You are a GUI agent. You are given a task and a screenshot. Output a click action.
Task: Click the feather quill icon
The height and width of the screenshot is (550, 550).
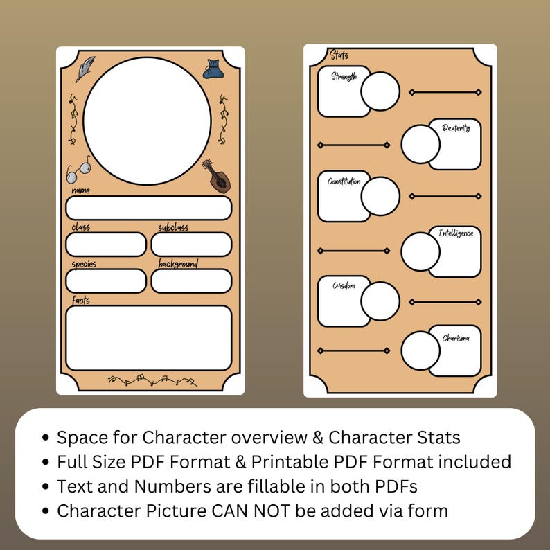coord(85,69)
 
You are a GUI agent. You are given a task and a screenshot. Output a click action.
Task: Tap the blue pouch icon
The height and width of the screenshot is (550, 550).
coord(212,68)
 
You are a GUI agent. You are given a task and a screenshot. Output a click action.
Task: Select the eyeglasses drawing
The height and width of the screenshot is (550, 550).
coord(79,169)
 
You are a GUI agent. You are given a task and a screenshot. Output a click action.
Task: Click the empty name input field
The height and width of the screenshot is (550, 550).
coord(148,208)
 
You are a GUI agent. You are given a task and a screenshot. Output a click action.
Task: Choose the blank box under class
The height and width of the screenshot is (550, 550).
coord(106,245)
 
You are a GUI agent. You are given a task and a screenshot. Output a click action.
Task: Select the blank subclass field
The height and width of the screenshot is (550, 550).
coord(191,245)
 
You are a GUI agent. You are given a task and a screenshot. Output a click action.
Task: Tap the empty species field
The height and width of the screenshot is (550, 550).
coord(106,281)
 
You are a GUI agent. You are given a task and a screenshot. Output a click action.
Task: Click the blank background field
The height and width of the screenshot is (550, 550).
coord(191,281)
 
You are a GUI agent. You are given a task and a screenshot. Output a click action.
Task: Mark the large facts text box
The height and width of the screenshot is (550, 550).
coord(148,337)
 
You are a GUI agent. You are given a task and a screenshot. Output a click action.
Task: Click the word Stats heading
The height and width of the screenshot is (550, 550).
coord(339,55)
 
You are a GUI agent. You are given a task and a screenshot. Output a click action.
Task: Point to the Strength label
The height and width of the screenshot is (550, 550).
coord(344,76)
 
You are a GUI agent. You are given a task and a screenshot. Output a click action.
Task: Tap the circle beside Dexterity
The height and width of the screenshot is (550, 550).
coord(420,144)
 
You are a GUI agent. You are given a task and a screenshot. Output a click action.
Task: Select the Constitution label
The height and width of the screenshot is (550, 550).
coord(344,181)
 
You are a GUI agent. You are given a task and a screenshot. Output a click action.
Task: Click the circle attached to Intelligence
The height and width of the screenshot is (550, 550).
coord(420,251)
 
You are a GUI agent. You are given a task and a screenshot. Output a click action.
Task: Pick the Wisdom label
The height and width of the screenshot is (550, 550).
coord(344,285)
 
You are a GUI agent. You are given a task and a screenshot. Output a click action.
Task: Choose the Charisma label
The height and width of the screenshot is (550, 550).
coord(456,338)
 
